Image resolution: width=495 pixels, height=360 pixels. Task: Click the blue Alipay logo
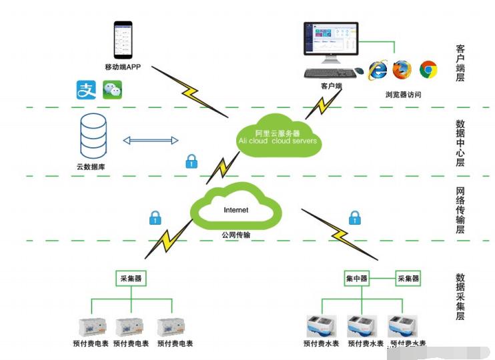pos(87,89)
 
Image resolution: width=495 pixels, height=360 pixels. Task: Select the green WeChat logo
pos(112,89)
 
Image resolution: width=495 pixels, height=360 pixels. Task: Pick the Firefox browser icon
pos(402,69)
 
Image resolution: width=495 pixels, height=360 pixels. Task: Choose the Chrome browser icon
pos(428,69)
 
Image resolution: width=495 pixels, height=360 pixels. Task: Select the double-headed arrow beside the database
pos(151,140)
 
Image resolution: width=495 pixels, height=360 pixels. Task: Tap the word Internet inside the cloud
pos(235,210)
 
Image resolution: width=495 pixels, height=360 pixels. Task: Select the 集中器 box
pos(357,278)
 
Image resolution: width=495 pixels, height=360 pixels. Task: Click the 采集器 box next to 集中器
pos(408,278)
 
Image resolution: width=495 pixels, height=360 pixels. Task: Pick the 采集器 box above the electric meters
pos(130,278)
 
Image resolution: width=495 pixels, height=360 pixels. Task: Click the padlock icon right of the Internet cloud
pos(354,217)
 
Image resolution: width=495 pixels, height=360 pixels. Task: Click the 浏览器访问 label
pos(403,95)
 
